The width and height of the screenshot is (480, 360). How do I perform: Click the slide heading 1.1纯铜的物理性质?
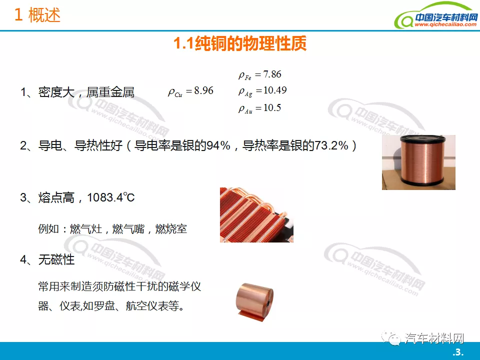pos(240,43)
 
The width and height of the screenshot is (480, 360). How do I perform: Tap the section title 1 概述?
pos(37,14)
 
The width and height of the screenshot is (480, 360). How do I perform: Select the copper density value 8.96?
pos(204,90)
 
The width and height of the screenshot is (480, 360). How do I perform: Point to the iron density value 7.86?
pos(272,74)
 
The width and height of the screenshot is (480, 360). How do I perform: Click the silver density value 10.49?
pos(275,90)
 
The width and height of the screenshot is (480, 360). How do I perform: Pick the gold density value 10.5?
pos(272,107)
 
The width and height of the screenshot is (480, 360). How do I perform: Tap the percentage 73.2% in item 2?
pos(331,145)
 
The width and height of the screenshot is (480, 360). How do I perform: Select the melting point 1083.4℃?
pos(111,197)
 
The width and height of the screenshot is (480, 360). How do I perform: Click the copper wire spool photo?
pos(418,162)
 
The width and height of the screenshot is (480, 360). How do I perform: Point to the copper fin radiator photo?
pos(256,215)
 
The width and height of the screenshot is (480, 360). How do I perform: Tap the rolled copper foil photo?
pos(254,302)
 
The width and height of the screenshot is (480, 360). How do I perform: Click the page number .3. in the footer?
pos(457,352)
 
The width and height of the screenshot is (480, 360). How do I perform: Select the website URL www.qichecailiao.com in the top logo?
pos(445,24)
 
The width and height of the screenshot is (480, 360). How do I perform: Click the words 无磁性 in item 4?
pos(56,259)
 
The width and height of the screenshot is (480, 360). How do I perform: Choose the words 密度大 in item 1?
pos(56,92)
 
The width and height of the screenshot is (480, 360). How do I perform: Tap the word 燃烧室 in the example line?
pos(171,228)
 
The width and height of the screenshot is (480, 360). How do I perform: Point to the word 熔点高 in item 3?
pos(56,197)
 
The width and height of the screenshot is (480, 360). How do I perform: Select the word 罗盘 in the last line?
pos(104,305)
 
